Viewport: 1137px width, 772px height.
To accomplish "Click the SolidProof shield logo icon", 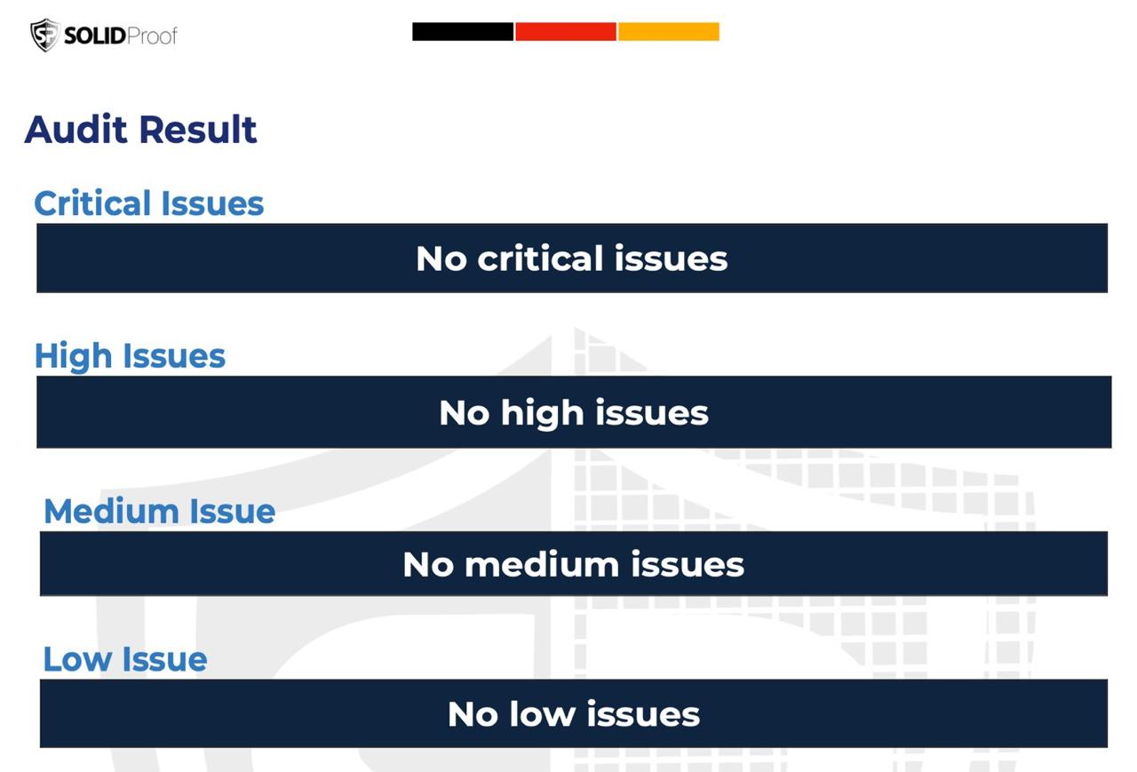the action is (45, 35).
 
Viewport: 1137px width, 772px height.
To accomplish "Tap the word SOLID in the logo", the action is (95, 36).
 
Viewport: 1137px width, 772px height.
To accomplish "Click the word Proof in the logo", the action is (152, 36).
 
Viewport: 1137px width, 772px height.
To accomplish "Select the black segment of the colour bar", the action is (463, 31).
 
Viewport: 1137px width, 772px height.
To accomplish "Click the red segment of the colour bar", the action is (566, 31).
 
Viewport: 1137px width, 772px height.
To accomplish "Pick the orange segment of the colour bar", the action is (669, 31).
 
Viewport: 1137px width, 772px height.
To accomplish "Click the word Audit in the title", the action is (76, 130).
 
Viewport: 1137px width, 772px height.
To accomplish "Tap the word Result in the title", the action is (198, 130).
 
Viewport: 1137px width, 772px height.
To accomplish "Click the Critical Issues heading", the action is (148, 203).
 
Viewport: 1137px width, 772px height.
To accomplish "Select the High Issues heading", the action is (130, 356).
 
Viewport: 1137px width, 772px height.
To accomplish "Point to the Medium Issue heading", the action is (159, 511).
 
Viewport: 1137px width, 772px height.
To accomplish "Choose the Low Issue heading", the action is (125, 659).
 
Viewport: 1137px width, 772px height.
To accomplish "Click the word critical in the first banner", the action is (539, 259).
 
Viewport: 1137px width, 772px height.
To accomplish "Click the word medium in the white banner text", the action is (542, 564).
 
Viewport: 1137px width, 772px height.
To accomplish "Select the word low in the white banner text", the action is (542, 714).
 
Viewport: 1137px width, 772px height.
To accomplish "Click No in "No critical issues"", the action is (441, 259).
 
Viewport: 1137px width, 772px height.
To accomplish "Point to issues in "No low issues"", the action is (643, 714).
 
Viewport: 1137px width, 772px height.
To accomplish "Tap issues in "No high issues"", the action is (652, 412).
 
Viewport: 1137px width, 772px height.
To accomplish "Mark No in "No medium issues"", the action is (428, 564).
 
